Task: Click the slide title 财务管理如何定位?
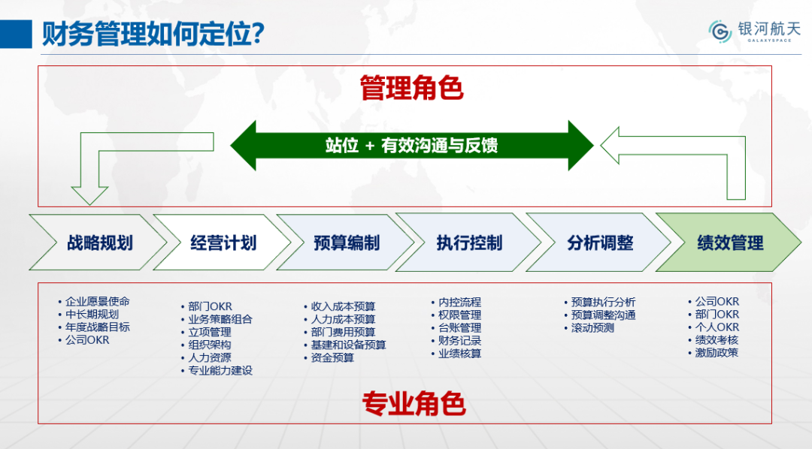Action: point(153,34)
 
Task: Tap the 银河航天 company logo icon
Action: point(720,32)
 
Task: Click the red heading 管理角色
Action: point(412,87)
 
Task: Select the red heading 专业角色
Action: point(414,403)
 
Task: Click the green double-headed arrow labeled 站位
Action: point(412,146)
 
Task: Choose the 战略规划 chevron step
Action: point(98,242)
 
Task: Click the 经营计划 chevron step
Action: point(223,242)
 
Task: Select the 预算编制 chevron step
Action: point(346,242)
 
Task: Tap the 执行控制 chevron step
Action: point(468,242)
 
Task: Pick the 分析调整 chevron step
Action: point(599,242)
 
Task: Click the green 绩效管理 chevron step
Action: point(729,242)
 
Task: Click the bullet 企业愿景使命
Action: point(94,302)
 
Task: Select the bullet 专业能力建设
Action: point(217,370)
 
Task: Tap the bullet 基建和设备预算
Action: point(345,345)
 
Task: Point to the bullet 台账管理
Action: point(456,328)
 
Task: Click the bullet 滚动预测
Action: point(589,328)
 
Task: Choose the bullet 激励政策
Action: point(713,353)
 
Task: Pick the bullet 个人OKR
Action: point(714,327)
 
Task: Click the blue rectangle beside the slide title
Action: point(16,34)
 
